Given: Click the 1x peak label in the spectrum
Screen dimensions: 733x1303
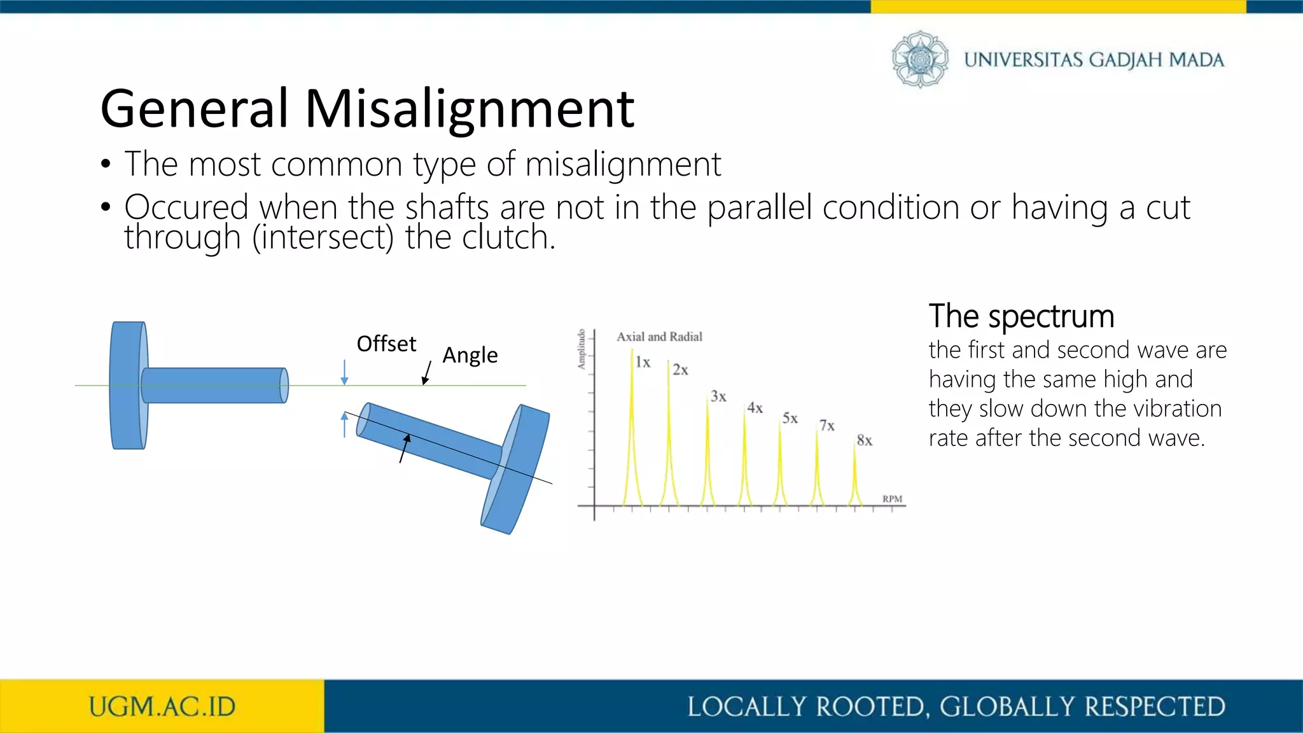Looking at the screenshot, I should tap(643, 363).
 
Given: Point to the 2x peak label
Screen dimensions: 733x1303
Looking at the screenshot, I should tap(680, 370).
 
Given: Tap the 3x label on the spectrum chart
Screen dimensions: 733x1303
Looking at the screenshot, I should tap(718, 396).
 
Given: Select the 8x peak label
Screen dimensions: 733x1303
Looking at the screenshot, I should tap(864, 440).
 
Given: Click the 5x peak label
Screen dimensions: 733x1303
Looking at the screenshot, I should tap(790, 418).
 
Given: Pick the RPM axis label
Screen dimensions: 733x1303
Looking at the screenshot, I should tap(892, 499).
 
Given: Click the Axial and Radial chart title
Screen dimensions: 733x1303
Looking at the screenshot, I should tap(659, 337).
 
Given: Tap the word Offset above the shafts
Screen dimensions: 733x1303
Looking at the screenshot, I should tap(386, 344).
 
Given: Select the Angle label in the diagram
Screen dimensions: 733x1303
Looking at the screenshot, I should tap(470, 355).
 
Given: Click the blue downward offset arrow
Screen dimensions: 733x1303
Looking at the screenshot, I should tap(344, 372).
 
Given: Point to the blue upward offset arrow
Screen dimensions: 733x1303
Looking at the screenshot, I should tap(344, 424).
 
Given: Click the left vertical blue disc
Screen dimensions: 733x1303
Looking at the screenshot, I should tap(128, 386).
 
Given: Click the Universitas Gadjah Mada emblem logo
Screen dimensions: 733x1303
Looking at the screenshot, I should tap(919, 59).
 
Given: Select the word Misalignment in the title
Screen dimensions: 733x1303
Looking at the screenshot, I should tap(470, 109).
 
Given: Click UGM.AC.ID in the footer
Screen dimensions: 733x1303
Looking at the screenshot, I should tap(162, 707).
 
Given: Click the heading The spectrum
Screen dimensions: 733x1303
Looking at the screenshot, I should tap(1021, 316).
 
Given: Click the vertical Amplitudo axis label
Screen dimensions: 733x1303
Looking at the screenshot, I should tap(581, 349).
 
